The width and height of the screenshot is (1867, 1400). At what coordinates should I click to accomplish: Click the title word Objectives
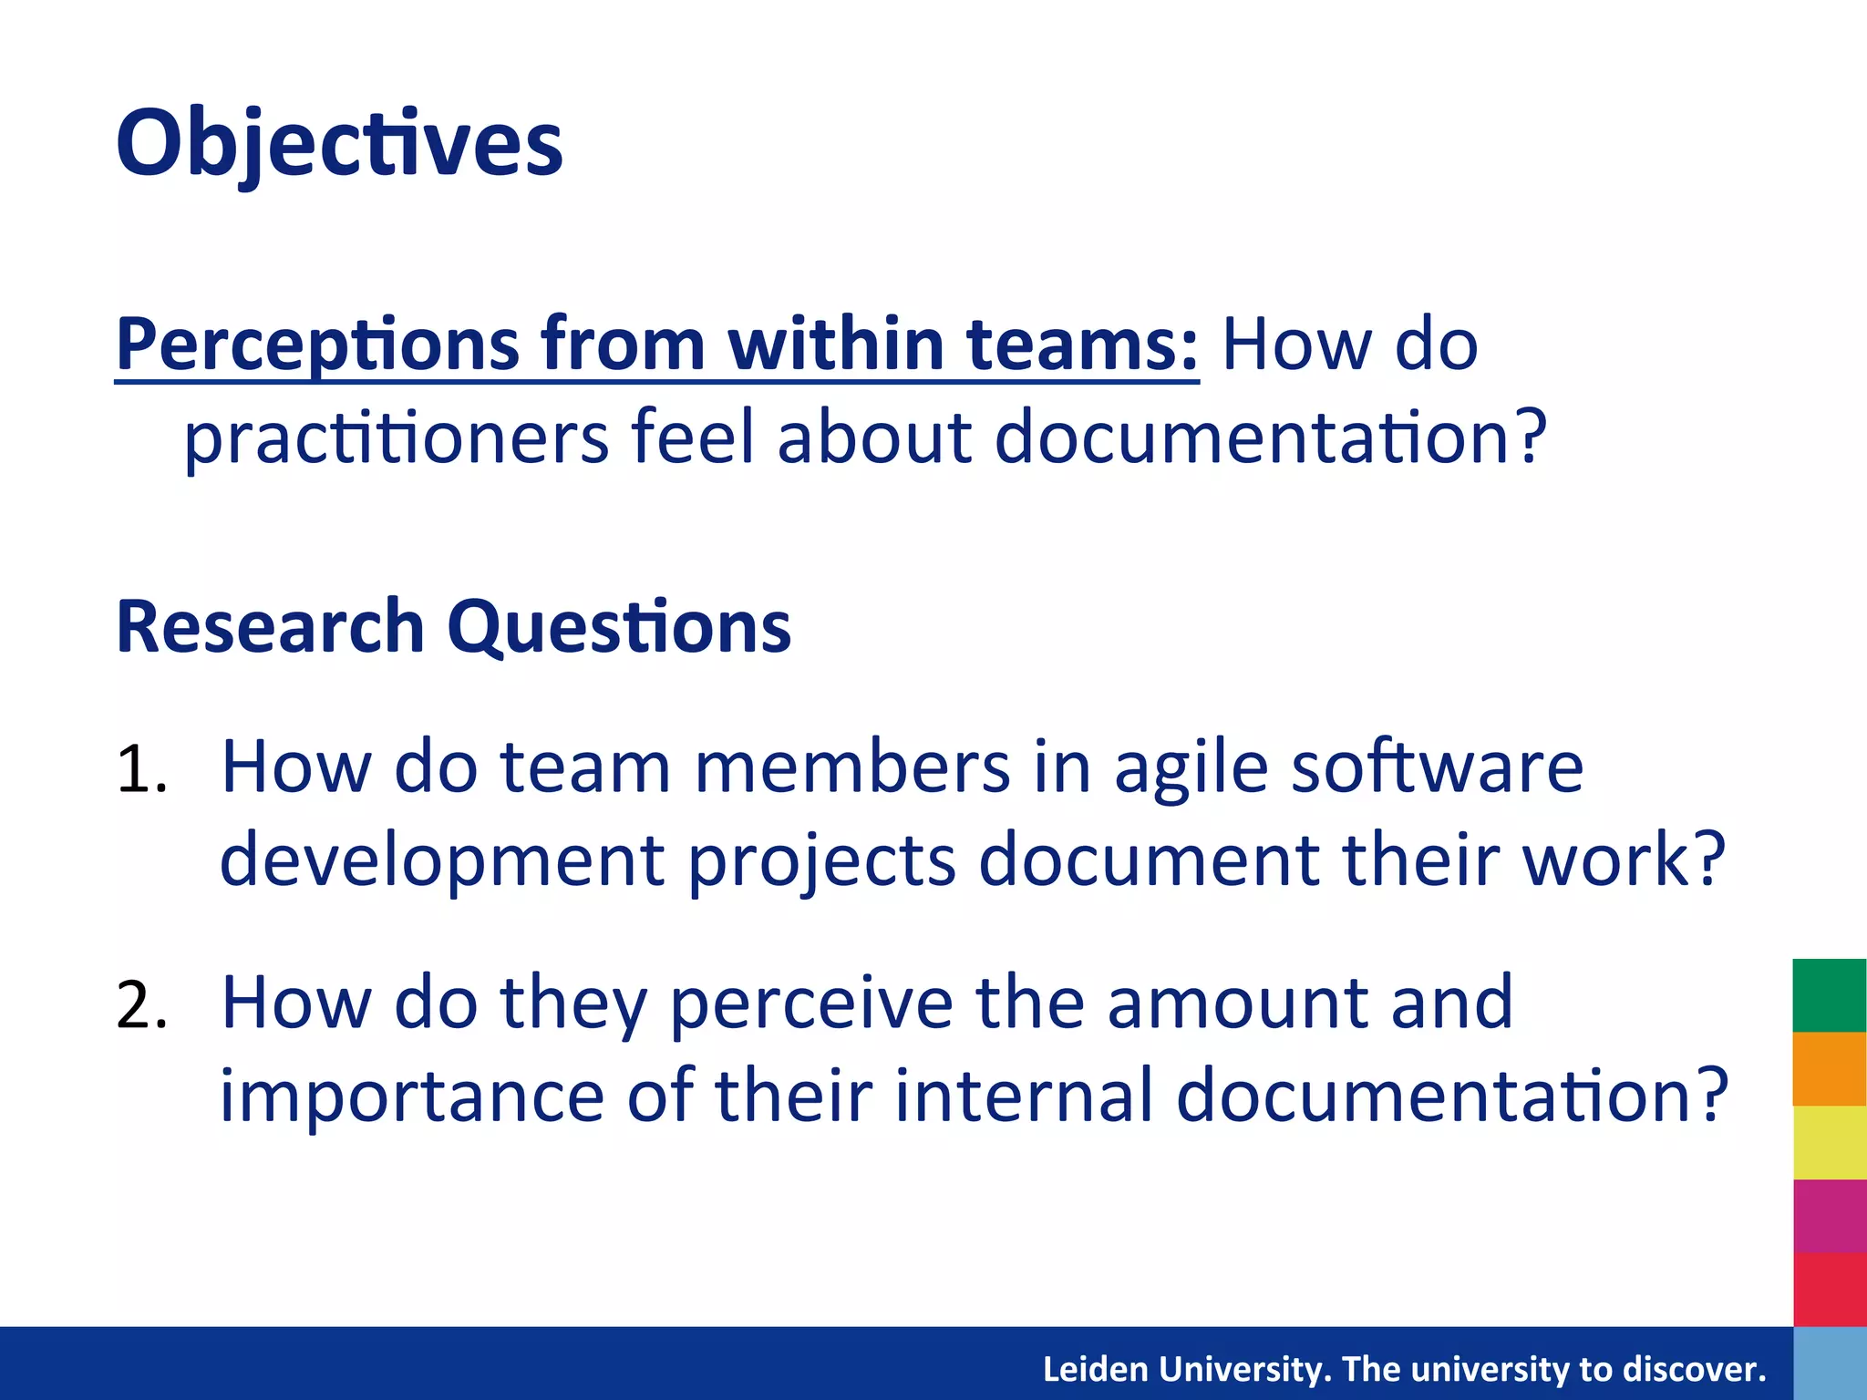tap(339, 144)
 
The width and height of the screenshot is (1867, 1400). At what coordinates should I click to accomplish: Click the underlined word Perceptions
tap(318, 346)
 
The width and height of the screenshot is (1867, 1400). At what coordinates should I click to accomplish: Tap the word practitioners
tap(397, 437)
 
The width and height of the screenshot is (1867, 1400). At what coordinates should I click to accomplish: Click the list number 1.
tap(141, 770)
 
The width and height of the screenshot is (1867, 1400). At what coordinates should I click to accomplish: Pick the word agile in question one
tap(1191, 767)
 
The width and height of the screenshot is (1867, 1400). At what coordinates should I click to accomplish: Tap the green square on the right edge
tap(1830, 995)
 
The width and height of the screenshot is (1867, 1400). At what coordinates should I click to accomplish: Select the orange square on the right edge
tap(1830, 1069)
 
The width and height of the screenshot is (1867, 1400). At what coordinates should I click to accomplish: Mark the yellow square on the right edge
tap(1830, 1143)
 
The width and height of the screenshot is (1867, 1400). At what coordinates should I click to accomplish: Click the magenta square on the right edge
tap(1830, 1216)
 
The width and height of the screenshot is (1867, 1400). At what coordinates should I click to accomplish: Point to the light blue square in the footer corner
tap(1830, 1364)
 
